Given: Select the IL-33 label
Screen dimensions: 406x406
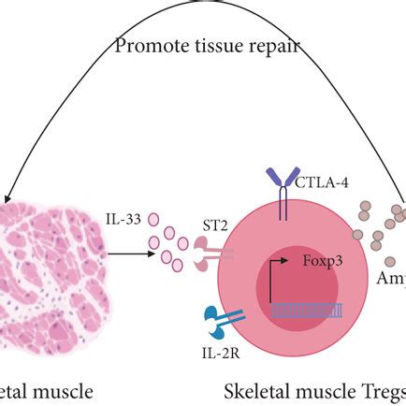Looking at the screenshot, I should click(123, 221).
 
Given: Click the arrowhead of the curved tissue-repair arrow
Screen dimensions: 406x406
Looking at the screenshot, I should click(7, 196).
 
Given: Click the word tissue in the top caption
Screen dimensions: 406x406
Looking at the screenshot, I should click(211, 45).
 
